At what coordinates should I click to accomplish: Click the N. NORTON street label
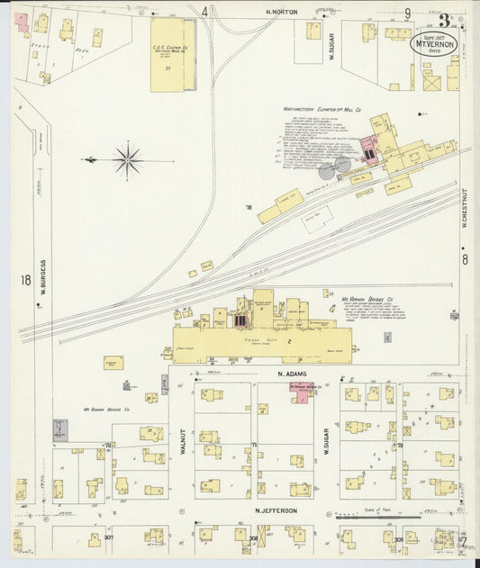pos(282,12)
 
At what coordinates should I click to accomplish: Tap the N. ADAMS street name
pos(292,373)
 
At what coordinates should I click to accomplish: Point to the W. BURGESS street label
pos(42,278)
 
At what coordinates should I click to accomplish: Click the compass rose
pos(128,161)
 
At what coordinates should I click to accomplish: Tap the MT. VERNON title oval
pos(434,42)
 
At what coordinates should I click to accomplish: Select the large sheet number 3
pos(444,20)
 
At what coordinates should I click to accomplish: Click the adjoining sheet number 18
pos(25,280)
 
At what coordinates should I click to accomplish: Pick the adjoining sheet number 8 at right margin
pos(465,260)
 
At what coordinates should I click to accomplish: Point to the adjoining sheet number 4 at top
pos(204,12)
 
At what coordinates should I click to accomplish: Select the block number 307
pos(108,536)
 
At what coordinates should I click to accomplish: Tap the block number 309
pos(376,538)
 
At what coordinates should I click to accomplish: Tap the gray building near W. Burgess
pos(60,428)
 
